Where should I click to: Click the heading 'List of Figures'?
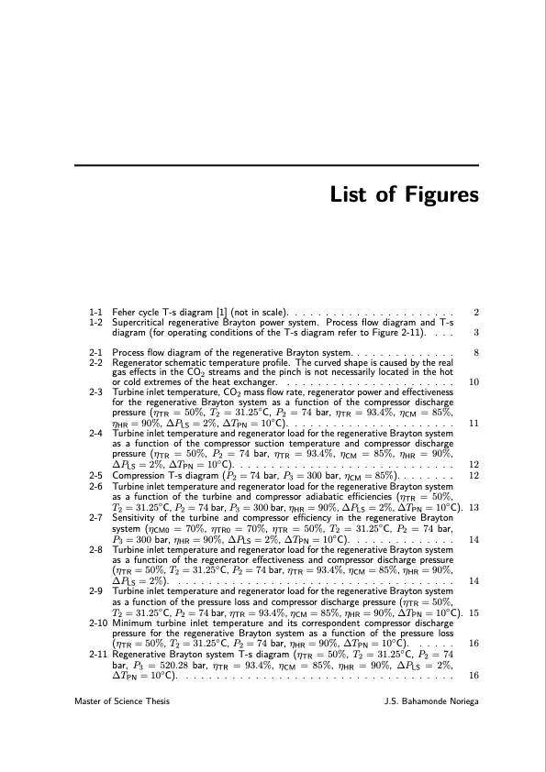405,195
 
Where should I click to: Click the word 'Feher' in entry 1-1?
123,314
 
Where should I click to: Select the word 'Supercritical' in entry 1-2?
137,323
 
